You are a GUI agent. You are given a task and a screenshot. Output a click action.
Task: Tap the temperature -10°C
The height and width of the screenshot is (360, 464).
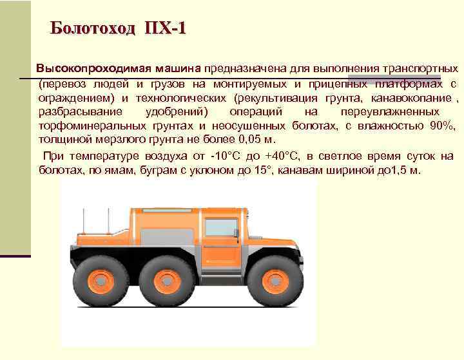(x=226, y=156)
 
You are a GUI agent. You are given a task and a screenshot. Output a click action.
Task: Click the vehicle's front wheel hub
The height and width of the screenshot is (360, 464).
(x=274, y=281)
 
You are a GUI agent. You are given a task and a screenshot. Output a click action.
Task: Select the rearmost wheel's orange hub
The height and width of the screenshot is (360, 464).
(x=101, y=281)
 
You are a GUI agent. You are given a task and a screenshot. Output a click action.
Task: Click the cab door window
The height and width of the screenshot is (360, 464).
(x=221, y=228)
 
